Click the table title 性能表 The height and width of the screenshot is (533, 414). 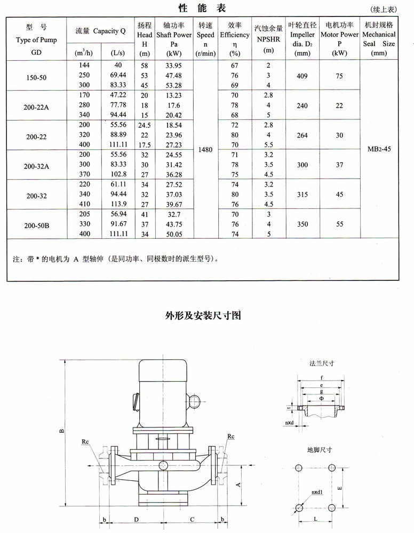pos(203,9)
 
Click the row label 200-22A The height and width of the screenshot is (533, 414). pos(37,106)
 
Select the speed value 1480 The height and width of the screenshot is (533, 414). pos(205,150)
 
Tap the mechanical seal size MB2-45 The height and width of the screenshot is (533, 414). pos(379,150)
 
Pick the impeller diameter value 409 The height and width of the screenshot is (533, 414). pos(302,76)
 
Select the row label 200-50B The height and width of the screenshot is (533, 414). pos(37,225)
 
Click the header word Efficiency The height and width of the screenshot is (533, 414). pos(235,35)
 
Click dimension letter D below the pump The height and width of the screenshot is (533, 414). pos(137,519)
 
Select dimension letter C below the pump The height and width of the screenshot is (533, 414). pos(192,519)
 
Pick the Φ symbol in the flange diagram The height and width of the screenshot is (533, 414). pos(321,399)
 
